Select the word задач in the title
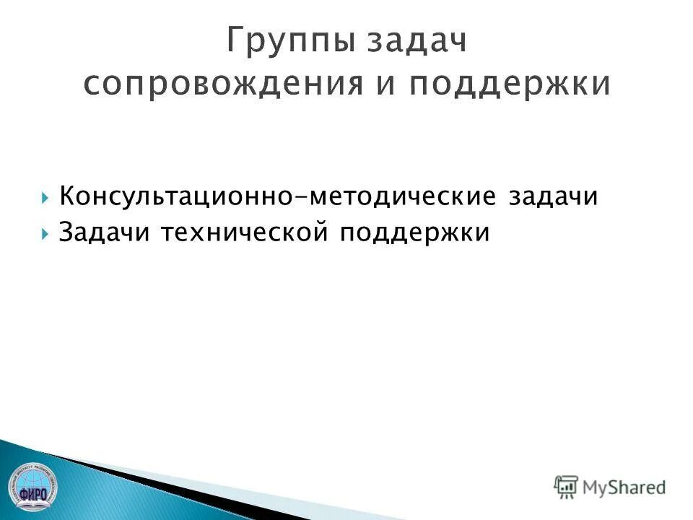coord(418,42)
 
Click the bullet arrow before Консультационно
coord(45,197)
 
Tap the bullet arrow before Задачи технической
coord(45,234)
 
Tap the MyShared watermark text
coord(624,487)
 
